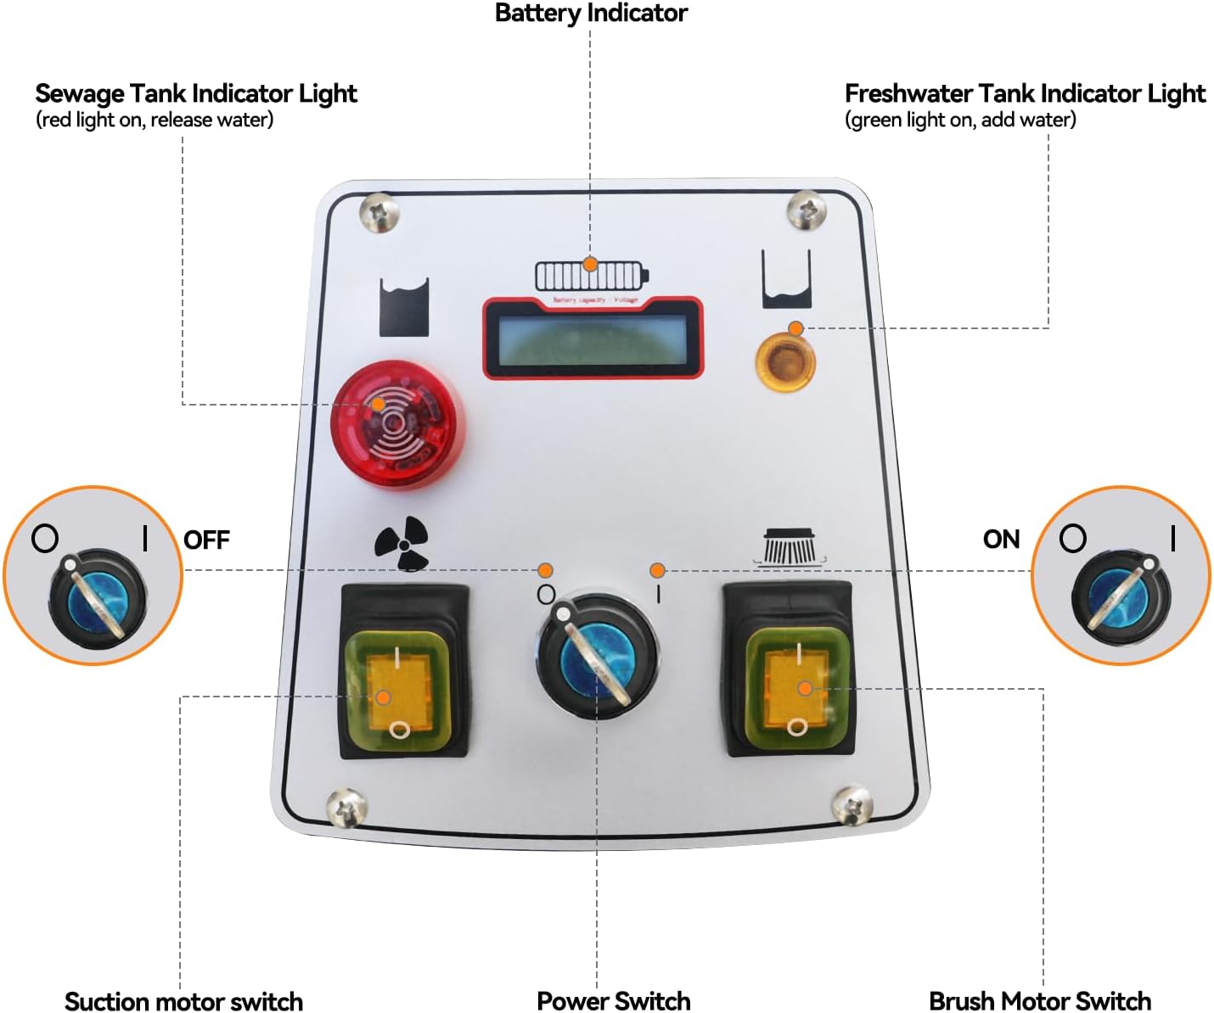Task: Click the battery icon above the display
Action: coord(591,276)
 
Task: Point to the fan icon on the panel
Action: coord(402,543)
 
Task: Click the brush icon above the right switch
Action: coord(790,546)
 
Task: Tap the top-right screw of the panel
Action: coord(806,210)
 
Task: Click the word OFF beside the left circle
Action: coord(206,540)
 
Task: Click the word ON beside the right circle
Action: coord(1001,539)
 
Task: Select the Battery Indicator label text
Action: coord(591,13)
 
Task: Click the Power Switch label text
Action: coord(613,1000)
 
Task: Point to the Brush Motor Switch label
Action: coord(1040,1000)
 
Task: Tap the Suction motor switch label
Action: coord(183,1000)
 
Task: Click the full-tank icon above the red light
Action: coord(404,306)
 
